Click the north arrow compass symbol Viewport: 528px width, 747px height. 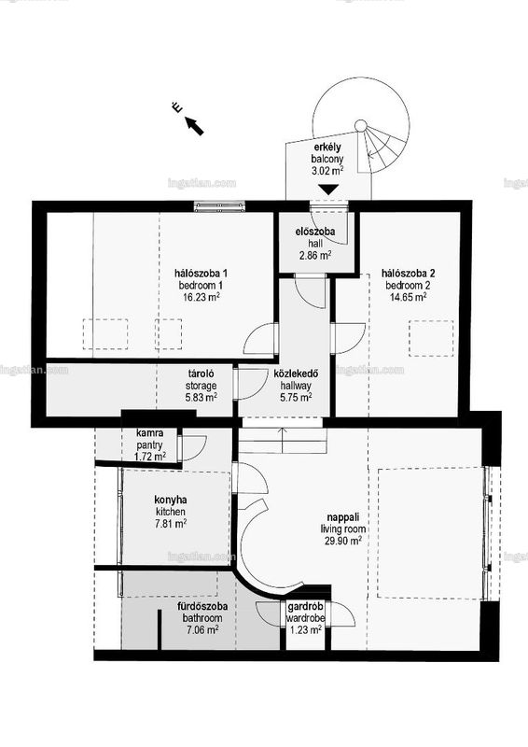[194, 126]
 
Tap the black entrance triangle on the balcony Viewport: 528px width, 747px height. [329, 190]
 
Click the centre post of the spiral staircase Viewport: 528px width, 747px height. [361, 126]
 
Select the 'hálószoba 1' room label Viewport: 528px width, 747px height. [201, 274]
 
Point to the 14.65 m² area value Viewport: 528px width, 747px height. [406, 297]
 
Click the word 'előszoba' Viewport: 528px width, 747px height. [314, 232]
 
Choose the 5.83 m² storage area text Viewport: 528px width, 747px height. [201, 396]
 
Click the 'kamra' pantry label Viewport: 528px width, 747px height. [150, 433]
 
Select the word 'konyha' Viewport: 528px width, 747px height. [171, 500]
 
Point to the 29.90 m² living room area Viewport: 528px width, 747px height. [342, 541]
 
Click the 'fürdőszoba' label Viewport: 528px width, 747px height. [202, 607]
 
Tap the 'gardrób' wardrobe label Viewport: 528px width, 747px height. [305, 607]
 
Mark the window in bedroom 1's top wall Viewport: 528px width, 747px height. [219, 206]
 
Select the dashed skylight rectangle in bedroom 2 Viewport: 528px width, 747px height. [431, 338]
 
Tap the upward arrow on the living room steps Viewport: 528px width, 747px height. [283, 440]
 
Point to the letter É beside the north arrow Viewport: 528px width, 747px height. [177, 108]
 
